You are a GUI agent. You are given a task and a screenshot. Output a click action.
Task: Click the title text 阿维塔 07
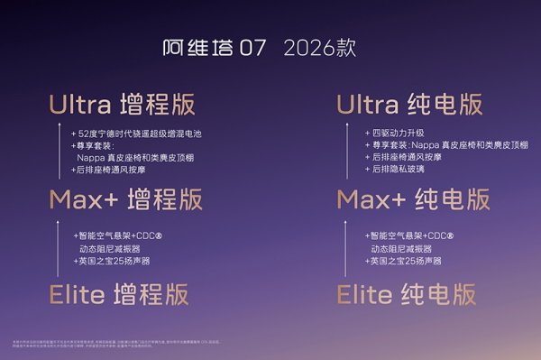point(215,48)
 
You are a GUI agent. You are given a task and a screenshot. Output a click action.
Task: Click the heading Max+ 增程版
point(125,198)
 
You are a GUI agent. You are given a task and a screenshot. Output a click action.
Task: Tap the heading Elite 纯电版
point(406,294)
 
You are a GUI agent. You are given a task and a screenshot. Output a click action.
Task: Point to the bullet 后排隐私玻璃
point(397,169)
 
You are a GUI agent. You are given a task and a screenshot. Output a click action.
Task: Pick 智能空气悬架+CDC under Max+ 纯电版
point(415,235)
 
